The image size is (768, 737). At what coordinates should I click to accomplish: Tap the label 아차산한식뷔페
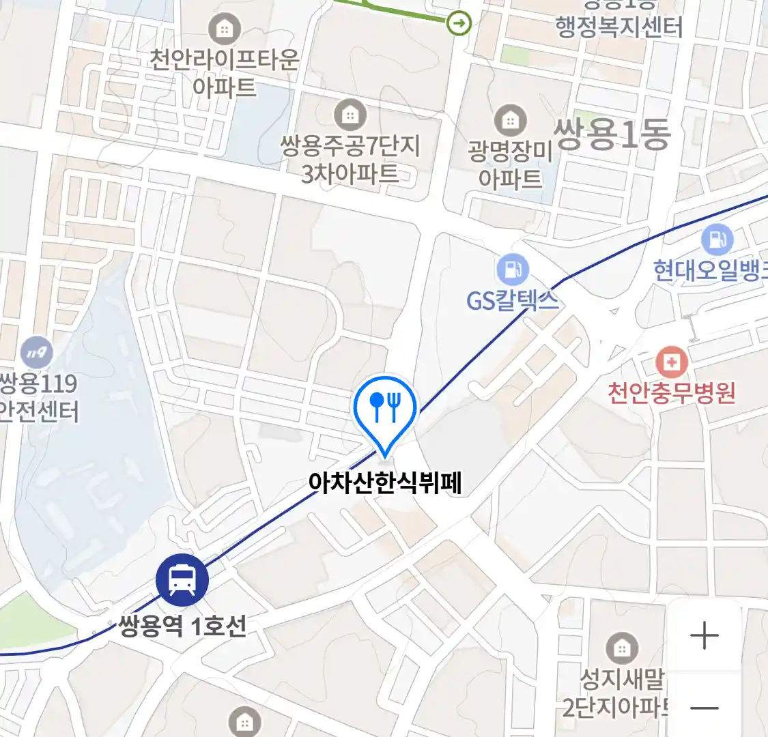tap(385, 483)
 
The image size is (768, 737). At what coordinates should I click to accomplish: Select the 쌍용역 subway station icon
tap(182, 579)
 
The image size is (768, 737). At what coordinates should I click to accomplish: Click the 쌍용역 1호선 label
tap(182, 626)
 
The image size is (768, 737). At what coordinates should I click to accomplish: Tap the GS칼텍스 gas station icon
tap(512, 270)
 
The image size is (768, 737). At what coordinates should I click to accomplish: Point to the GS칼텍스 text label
tap(512, 300)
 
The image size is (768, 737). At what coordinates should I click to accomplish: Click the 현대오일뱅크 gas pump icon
tap(717, 240)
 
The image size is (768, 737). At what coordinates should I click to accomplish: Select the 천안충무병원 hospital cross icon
tap(672, 362)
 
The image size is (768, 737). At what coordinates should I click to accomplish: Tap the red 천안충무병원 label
tap(672, 392)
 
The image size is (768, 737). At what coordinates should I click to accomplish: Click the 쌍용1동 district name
tap(613, 134)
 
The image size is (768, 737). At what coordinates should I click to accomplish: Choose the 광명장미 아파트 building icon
tap(510, 121)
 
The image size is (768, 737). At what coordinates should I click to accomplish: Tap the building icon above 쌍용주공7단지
tap(350, 115)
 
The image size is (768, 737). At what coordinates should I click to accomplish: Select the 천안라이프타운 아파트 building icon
tap(223, 29)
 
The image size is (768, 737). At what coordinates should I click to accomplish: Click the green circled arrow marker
tap(459, 24)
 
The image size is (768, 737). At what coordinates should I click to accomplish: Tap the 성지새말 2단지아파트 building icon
tap(621, 648)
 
